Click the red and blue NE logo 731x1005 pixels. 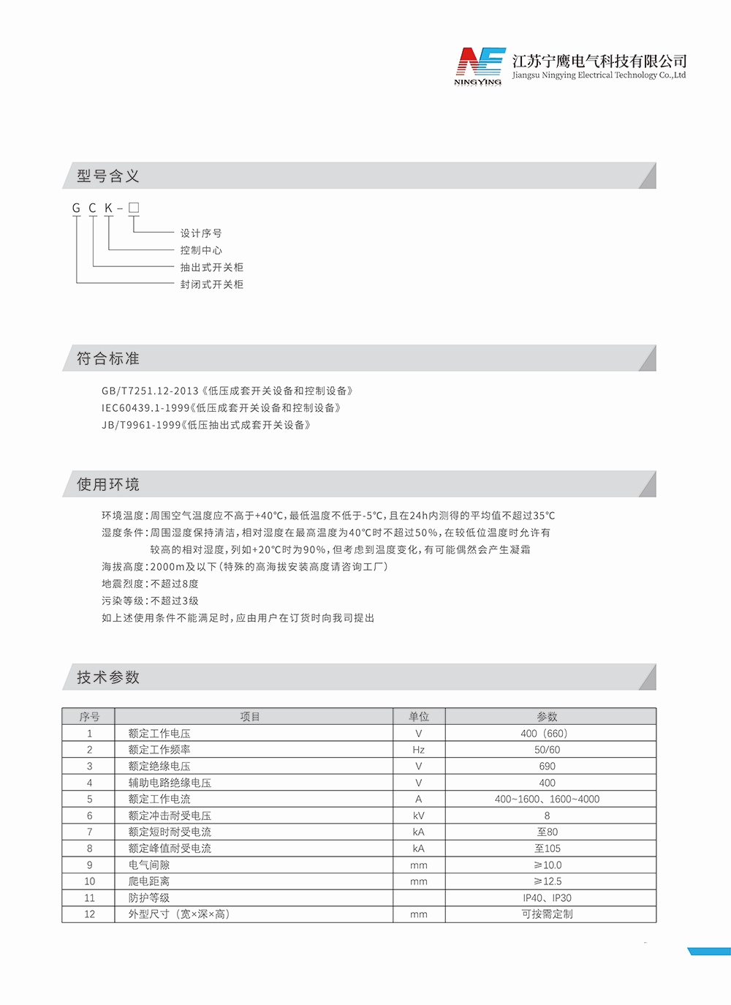pos(480,64)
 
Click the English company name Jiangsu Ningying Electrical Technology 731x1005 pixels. pos(599,75)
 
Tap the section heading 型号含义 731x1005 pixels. pos(108,176)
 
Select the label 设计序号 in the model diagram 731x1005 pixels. pos(201,233)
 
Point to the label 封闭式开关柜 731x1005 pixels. pos(212,285)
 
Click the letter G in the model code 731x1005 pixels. pos(76,208)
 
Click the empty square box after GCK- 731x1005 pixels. pos(134,208)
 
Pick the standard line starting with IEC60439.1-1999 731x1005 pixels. pos(221,408)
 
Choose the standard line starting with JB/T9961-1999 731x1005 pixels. pos(206,425)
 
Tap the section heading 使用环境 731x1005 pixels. pos(108,485)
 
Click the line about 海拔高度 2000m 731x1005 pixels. pos(245,567)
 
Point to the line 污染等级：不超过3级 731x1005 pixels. pos(150,601)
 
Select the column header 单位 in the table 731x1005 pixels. pos(419,717)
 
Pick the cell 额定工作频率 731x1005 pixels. pos(159,750)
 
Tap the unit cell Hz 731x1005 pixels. pos(419,750)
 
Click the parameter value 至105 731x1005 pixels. pos(547,848)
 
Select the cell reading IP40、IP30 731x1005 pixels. pos(547,898)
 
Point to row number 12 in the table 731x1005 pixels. pos(89,914)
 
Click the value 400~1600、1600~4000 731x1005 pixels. pos(547,799)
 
